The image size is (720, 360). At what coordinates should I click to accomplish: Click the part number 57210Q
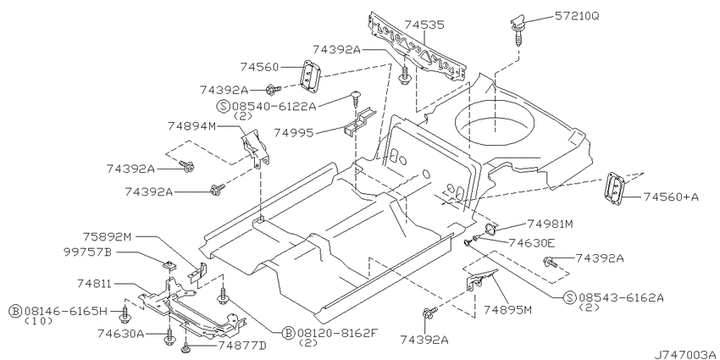click(577, 16)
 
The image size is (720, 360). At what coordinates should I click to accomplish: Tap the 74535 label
click(424, 25)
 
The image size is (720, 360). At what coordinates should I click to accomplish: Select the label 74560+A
click(671, 197)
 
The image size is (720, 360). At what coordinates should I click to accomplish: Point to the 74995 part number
click(294, 133)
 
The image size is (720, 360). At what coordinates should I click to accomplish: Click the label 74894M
click(191, 126)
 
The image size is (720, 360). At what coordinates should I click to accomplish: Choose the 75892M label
click(107, 237)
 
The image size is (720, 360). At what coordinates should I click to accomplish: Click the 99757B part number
click(88, 252)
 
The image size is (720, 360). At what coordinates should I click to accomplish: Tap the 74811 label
click(93, 285)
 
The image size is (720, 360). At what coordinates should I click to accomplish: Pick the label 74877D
click(241, 345)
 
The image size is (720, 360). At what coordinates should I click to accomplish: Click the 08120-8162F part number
click(337, 332)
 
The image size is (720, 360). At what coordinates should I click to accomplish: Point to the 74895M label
click(507, 309)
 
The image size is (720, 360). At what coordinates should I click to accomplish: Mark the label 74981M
click(550, 224)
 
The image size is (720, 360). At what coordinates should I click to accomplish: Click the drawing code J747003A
click(686, 354)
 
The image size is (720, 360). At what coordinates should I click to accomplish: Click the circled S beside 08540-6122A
click(223, 107)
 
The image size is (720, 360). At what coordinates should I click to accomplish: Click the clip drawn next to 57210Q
click(518, 29)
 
